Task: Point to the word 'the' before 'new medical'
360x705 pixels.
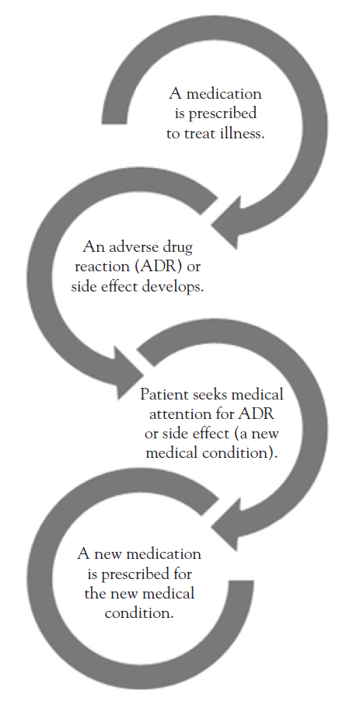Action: click(x=95, y=594)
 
